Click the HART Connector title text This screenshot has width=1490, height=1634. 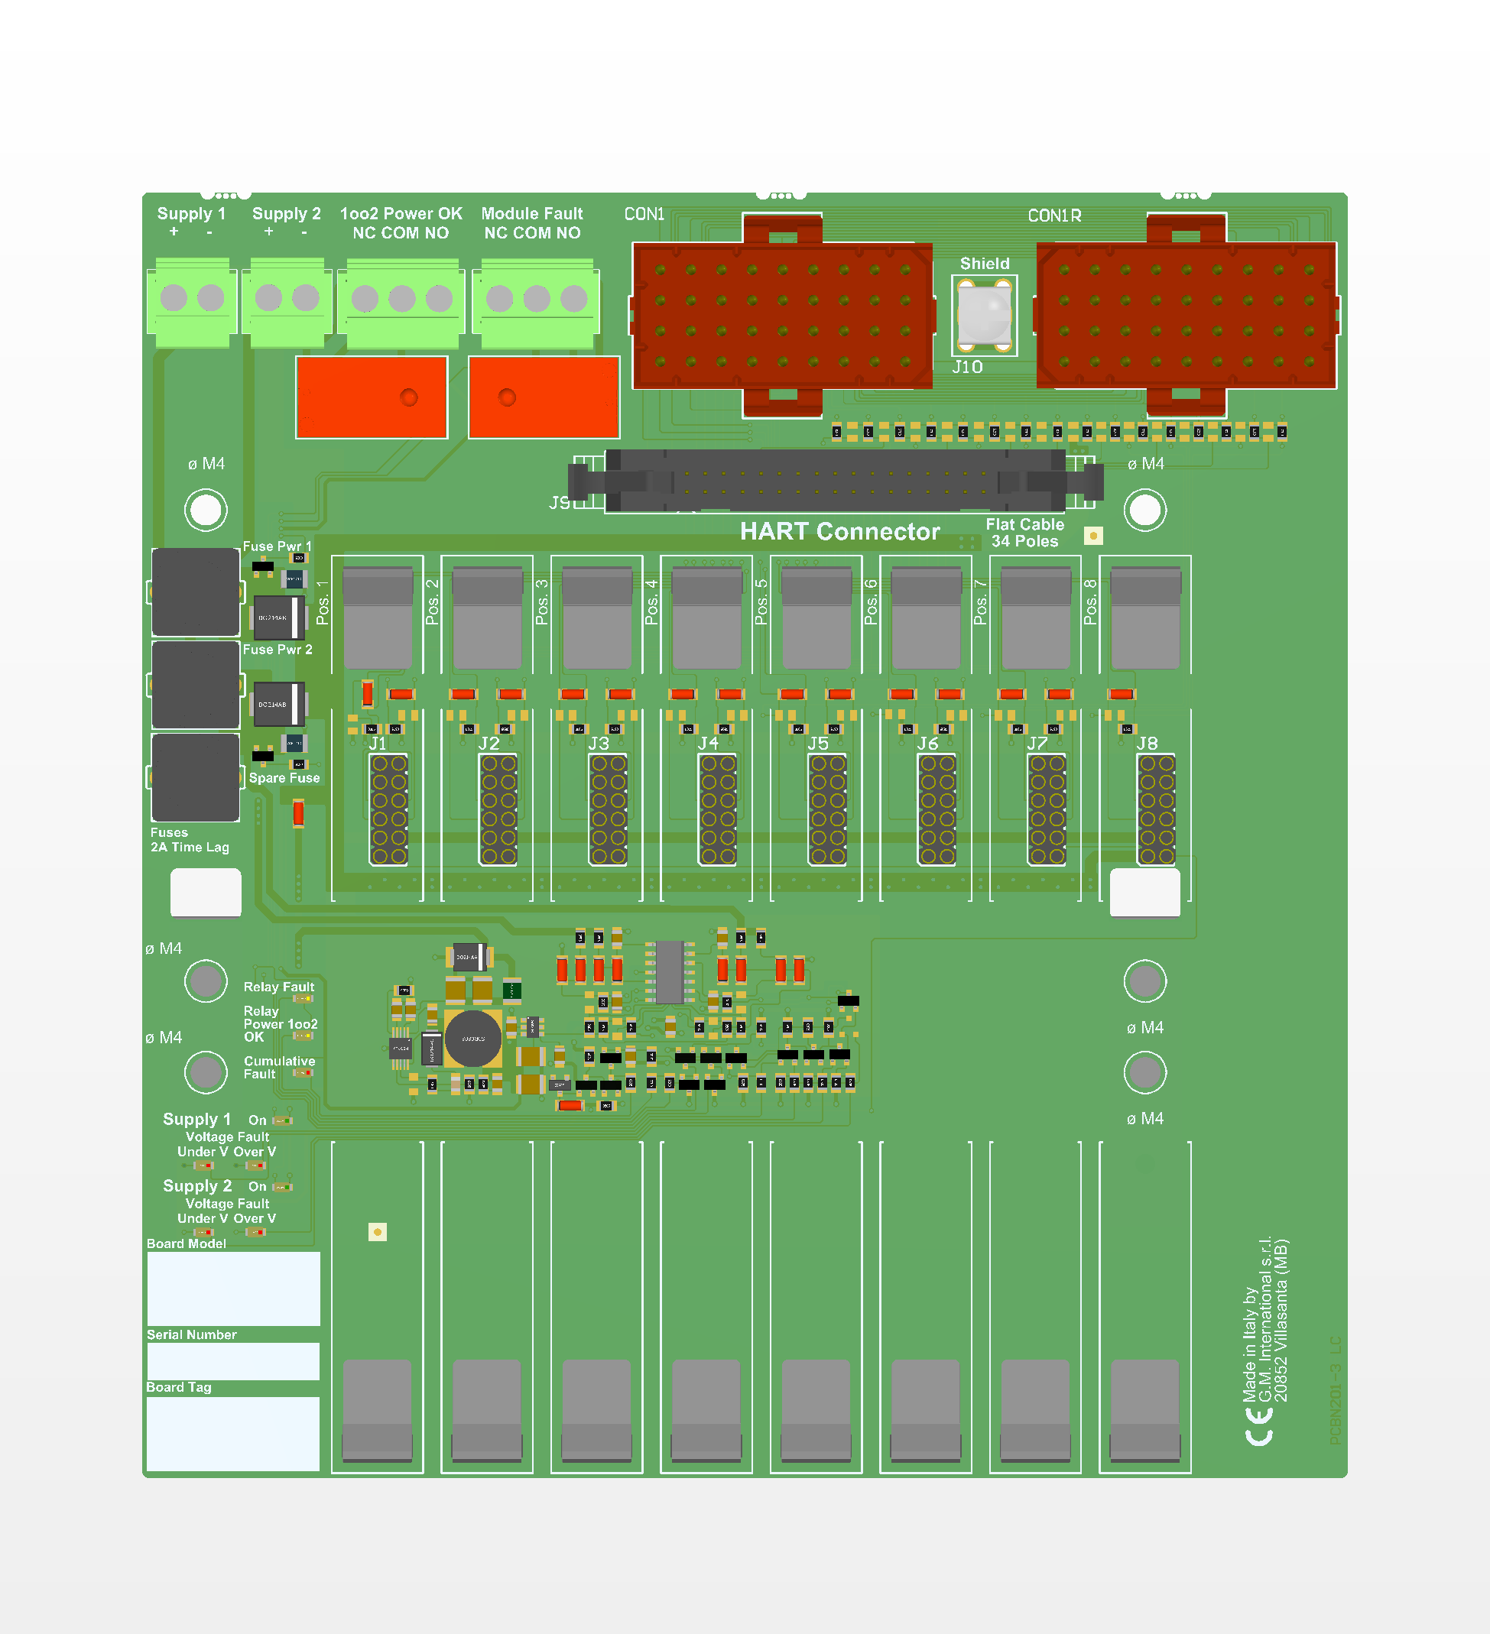pyautogui.click(x=840, y=532)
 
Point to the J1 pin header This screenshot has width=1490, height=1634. pyautogui.click(x=388, y=809)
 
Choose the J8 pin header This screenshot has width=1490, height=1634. pyautogui.click(x=1156, y=809)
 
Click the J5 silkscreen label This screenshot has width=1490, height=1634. pyautogui.click(x=818, y=743)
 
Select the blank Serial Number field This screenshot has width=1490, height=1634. pyautogui.click(x=233, y=1362)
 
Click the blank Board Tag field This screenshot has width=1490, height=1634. pyautogui.click(x=233, y=1433)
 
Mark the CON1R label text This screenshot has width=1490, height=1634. pyautogui.click(x=1054, y=216)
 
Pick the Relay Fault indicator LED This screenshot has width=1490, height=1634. pyautogui.click(x=304, y=999)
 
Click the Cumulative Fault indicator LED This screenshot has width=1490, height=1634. pyautogui.click(x=304, y=1072)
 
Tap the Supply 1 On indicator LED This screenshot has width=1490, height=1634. pyautogui.click(x=282, y=1121)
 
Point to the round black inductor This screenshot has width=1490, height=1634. pyautogui.click(x=472, y=1039)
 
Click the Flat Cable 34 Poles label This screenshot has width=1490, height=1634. pyautogui.click(x=1024, y=533)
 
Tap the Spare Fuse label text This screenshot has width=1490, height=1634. pyautogui.click(x=284, y=778)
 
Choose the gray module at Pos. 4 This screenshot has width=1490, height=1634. pyautogui.click(x=707, y=618)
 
